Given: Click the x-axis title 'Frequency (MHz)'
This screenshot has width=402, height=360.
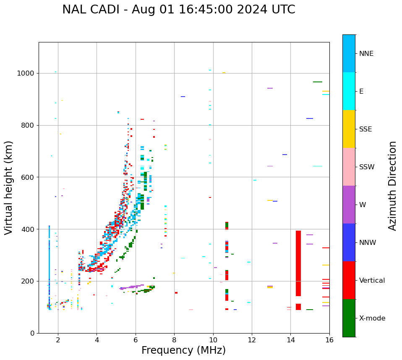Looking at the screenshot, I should point(183,350).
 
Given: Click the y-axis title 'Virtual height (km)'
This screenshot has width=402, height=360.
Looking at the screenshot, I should point(9,187).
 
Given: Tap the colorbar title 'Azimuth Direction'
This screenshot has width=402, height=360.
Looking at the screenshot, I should point(392,185).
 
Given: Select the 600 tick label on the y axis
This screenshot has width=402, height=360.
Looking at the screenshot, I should point(29,177).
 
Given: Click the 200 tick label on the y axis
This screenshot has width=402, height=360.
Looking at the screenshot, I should point(29,281).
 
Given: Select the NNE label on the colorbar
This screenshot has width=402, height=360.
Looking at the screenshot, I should point(366,54).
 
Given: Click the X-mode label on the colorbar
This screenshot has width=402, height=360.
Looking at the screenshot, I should point(372,318).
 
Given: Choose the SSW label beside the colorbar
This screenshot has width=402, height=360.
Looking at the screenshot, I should point(367,167).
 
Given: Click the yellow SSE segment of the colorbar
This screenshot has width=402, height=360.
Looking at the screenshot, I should point(349,129).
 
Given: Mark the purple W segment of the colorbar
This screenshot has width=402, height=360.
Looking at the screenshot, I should point(349,204).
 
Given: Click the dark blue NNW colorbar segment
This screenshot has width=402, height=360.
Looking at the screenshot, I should point(349,242).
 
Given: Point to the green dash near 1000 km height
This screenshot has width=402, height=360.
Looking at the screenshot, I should point(317,82).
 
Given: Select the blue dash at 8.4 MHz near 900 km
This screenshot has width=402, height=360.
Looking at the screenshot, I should point(183,97).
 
